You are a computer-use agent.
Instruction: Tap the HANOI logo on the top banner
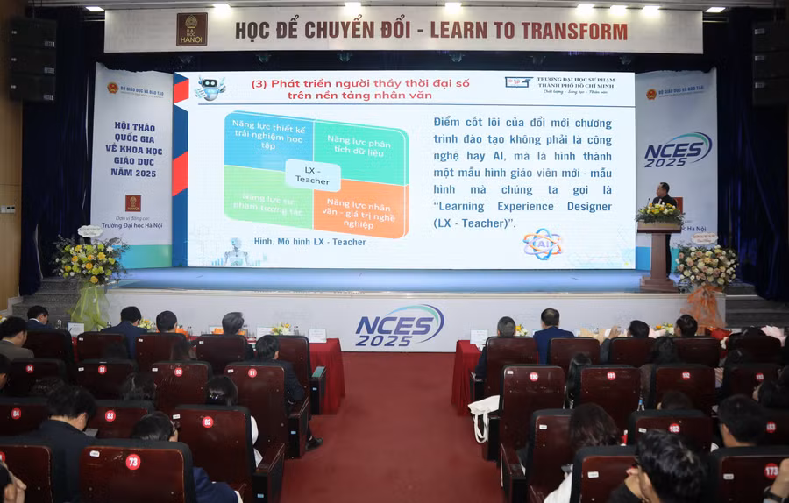[192, 29]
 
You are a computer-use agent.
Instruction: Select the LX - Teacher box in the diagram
[312, 174]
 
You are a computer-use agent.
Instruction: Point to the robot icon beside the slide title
[210, 88]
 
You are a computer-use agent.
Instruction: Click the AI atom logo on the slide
[542, 244]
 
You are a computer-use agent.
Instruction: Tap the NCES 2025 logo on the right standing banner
[678, 150]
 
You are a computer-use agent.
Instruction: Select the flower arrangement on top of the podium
[659, 213]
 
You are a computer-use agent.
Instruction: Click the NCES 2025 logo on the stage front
[400, 325]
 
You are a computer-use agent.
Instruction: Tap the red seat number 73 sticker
[133, 461]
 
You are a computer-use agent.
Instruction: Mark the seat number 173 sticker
[771, 471]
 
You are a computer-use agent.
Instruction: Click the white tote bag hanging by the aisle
[483, 417]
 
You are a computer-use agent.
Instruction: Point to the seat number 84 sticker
[16, 413]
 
